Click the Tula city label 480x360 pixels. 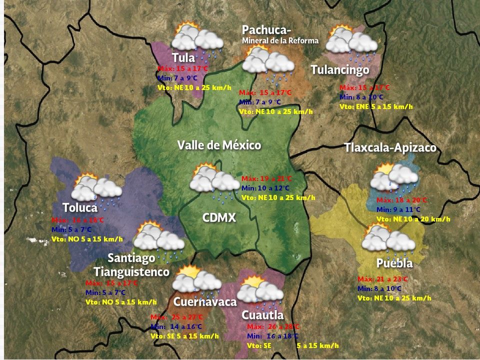coord(183,57)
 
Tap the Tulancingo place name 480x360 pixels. coord(339,70)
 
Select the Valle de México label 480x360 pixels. coord(219,145)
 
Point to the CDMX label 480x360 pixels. coord(218,217)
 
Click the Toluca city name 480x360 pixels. coord(79,207)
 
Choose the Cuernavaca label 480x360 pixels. coord(204,302)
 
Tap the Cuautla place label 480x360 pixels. coord(262,315)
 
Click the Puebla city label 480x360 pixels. coord(394,263)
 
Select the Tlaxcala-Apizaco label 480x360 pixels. coord(390,148)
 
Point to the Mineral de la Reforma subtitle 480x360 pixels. coord(280,40)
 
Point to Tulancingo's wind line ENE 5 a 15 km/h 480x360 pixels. coord(376,106)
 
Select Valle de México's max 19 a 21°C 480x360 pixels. coord(266,178)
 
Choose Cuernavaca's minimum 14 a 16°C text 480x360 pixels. coord(177,326)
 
